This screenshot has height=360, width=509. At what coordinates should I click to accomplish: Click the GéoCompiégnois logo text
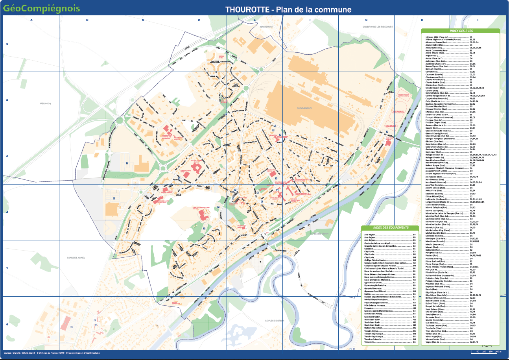click(42, 8)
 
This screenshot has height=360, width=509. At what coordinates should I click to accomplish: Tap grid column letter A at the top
click(31, 20)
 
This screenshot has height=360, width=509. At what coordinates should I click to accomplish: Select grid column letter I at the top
click(478, 20)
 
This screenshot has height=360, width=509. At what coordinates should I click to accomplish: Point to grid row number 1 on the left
click(7, 44)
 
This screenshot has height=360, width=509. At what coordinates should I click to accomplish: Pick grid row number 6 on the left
click(7, 325)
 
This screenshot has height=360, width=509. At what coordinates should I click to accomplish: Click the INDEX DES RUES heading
click(461, 30)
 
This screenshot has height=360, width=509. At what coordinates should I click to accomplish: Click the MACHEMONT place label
click(266, 26)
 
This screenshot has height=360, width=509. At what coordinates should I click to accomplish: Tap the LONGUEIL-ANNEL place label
click(76, 258)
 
